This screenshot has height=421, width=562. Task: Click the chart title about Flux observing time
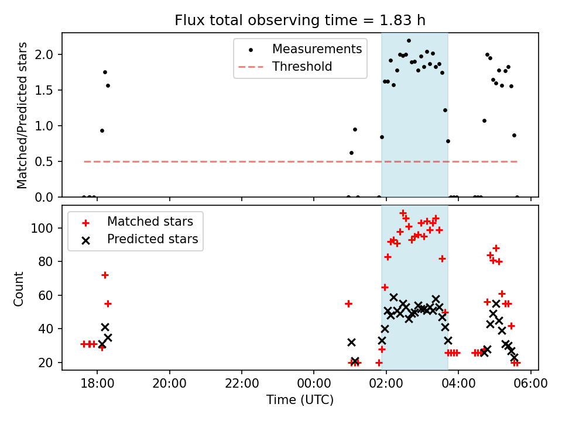coord(300,20)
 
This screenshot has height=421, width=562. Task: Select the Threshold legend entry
coord(302,67)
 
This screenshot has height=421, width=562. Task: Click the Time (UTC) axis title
coord(300,401)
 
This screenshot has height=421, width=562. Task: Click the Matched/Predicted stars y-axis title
coord(22,115)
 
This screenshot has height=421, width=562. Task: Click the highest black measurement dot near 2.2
coord(409,41)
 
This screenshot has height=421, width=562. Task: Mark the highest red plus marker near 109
coord(403,213)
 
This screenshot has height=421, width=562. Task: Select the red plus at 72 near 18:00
coord(105,275)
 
